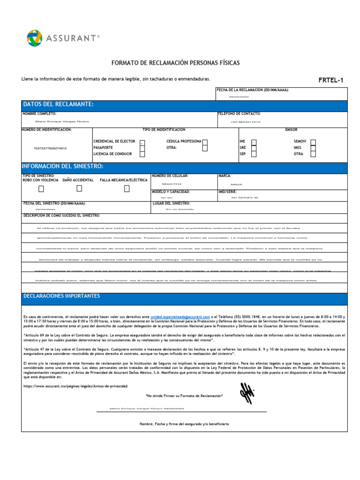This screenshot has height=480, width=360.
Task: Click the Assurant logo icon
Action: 35,38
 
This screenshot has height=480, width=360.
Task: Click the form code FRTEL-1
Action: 331,80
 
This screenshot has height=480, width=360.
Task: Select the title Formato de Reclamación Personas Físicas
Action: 175,62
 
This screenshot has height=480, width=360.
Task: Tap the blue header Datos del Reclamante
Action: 59,104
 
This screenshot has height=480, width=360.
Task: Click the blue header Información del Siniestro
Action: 63,166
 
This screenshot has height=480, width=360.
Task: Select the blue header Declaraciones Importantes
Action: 62,296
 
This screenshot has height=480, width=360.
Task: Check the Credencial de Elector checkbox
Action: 142,142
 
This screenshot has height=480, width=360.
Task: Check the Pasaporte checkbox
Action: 142,148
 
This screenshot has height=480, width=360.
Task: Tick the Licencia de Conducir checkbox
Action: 142,154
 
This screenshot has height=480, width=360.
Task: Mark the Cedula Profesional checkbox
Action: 205,142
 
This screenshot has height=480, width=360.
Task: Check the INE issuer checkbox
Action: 254,142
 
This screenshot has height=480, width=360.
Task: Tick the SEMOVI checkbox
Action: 313,142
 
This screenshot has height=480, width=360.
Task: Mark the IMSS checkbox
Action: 313,148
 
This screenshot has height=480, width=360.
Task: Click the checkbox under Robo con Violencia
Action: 41,188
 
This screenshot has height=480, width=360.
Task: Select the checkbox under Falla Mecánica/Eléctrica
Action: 126,188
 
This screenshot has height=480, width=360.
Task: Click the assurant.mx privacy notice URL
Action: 75,386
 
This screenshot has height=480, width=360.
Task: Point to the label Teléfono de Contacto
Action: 239,114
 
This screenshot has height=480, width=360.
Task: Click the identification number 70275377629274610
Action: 50,148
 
